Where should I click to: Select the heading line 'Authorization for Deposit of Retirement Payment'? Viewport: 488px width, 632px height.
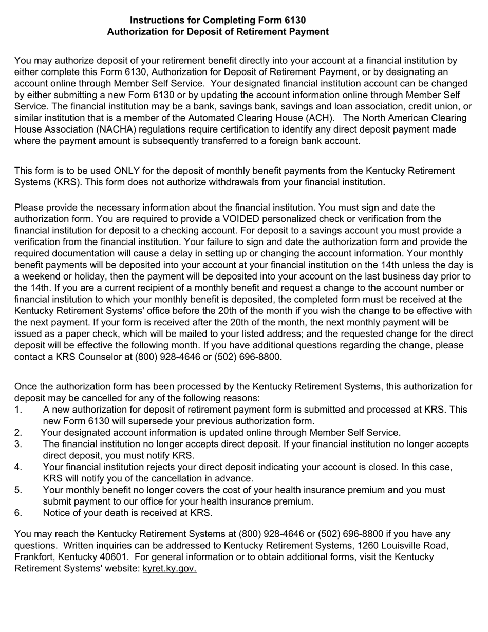[218, 32]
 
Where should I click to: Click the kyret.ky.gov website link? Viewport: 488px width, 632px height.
[170, 568]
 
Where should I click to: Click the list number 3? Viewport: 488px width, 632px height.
[18, 444]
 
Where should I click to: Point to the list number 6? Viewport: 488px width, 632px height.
[18, 513]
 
